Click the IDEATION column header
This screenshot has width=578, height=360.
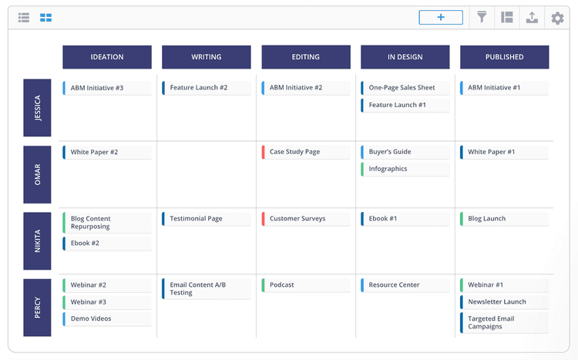pyautogui.click(x=107, y=57)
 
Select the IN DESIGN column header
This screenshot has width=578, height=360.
pyautogui.click(x=405, y=57)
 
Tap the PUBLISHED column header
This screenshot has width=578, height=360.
pyautogui.click(x=505, y=57)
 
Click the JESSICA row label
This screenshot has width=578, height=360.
pyautogui.click(x=38, y=108)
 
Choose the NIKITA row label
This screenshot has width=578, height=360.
pyautogui.click(x=38, y=241)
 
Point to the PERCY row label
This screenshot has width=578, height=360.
pyautogui.click(x=38, y=308)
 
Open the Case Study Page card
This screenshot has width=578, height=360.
pyautogui.click(x=306, y=152)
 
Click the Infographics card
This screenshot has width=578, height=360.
pyautogui.click(x=405, y=169)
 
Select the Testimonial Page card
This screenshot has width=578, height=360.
pyautogui.click(x=207, y=218)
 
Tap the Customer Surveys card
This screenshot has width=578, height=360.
pyautogui.click(x=306, y=218)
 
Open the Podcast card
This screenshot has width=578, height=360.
pyautogui.click(x=306, y=284)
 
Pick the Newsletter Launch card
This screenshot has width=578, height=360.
pyautogui.click(x=505, y=301)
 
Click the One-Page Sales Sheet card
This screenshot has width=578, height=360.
pyautogui.click(x=405, y=88)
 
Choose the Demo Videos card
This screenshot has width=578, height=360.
pyautogui.click(x=107, y=318)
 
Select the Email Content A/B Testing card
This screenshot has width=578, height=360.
pyautogui.click(x=207, y=288)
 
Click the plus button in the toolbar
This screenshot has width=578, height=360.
pyautogui.click(x=441, y=17)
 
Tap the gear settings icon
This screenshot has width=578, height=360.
pyautogui.click(x=557, y=18)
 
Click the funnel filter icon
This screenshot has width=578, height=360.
pyautogui.click(x=482, y=17)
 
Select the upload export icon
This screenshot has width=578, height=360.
pyautogui.click(x=532, y=17)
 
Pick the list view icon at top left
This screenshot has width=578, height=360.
pyautogui.click(x=24, y=17)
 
